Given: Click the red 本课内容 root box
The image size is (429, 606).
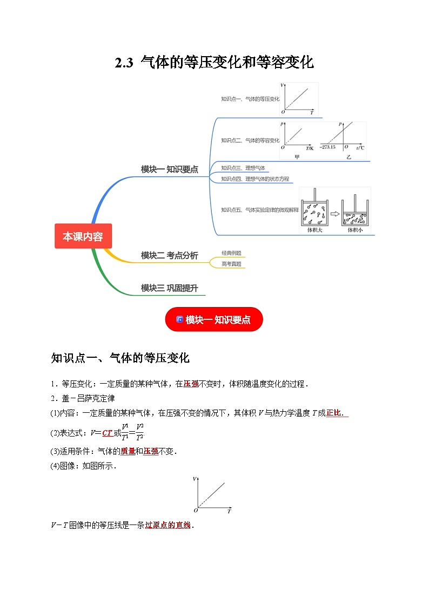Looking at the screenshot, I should tap(83, 236).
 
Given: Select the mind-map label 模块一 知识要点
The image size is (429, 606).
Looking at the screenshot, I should tap(169, 169).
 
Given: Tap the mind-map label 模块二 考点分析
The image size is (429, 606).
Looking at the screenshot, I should tap(169, 255).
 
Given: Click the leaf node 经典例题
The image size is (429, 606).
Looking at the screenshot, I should tap(231, 253).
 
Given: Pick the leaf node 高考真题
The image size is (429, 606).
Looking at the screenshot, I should tap(231, 264).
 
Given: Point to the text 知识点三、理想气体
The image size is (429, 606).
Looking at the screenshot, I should tap(243, 168).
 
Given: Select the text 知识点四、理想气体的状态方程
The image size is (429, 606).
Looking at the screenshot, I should tap(254, 179).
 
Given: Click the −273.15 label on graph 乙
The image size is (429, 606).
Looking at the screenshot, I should tap(327, 147).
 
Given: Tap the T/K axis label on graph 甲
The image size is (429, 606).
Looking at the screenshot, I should tap(310, 147).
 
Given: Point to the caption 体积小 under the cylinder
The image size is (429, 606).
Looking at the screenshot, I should tap(355, 229).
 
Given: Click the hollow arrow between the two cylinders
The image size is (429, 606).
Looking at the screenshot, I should tap(335, 214).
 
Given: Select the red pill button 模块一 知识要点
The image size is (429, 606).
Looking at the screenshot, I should tap(214, 319).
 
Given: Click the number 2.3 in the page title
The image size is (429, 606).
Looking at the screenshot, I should tap(124, 63).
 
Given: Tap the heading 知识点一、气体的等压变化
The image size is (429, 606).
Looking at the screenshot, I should tap(120, 358).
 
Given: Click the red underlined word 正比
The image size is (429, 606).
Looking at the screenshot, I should tap(334, 413).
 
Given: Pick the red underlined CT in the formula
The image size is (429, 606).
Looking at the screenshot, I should tap(107, 432).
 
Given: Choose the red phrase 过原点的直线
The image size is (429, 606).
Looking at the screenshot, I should tap(168, 525).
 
